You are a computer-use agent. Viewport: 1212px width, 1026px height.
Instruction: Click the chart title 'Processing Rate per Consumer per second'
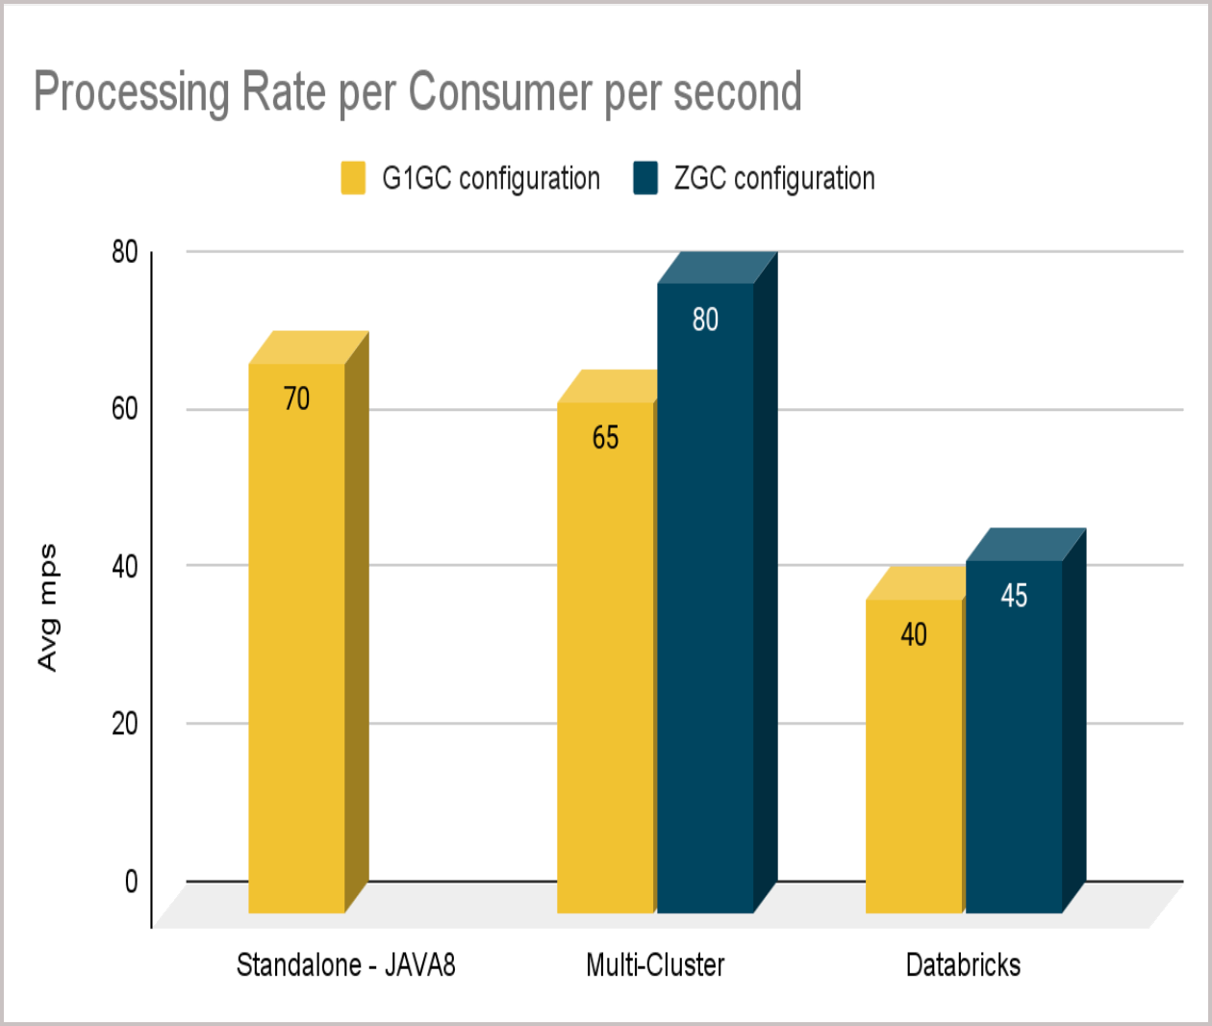[x=417, y=92]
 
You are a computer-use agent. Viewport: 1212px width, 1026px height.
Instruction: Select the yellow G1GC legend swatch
[x=353, y=179]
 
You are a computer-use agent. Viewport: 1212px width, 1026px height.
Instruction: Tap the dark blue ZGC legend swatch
[x=645, y=179]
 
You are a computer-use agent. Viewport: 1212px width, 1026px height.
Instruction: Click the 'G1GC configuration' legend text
[x=491, y=179]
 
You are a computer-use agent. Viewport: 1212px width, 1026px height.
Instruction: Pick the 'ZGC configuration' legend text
[x=774, y=179]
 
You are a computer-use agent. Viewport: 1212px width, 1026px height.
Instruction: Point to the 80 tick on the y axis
[x=125, y=252]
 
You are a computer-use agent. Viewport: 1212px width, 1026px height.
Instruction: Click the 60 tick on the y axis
[x=125, y=409]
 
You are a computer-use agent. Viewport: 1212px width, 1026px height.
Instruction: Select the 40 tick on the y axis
[x=125, y=566]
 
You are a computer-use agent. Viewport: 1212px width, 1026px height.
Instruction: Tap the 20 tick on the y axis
[x=125, y=724]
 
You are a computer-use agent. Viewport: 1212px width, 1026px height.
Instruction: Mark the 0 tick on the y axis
[x=131, y=881]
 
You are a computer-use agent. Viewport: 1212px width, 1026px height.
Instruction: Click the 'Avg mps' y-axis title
[x=47, y=608]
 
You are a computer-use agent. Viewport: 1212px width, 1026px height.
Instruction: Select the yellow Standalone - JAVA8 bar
[x=296, y=654]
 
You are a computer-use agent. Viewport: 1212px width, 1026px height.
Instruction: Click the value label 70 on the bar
[x=296, y=398]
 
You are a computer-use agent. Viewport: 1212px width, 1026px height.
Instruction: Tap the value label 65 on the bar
[x=605, y=438]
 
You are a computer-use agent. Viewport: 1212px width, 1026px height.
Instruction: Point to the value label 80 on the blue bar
[x=705, y=320]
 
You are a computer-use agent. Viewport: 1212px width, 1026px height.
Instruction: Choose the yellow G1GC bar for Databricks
[x=914, y=770]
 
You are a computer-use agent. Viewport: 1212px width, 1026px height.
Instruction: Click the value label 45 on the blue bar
[x=1014, y=596]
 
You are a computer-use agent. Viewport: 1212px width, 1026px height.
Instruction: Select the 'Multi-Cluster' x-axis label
[x=655, y=964]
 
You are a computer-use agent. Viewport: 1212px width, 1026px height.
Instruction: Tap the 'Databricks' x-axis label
[x=963, y=964]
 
